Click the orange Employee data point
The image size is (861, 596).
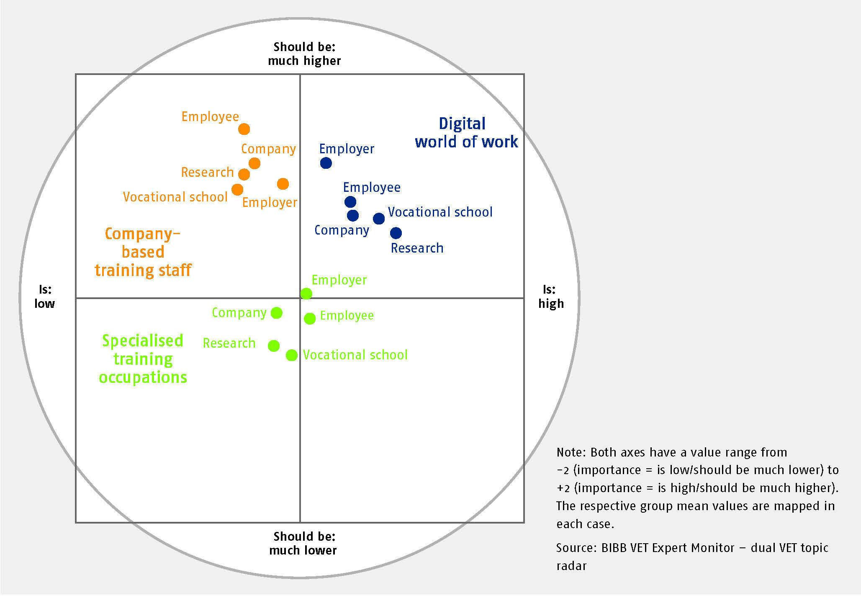click(244, 129)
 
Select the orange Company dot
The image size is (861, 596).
click(254, 163)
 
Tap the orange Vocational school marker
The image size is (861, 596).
click(237, 190)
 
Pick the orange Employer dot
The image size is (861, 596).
click(283, 184)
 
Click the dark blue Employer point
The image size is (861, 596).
click(326, 163)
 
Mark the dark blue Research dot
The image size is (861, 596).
click(396, 233)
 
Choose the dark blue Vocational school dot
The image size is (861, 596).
click(379, 219)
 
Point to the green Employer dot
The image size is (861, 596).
click(306, 294)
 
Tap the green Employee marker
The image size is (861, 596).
click(310, 319)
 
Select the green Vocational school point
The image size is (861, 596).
click(292, 355)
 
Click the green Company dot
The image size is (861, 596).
click(277, 313)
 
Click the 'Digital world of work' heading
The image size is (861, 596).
click(466, 133)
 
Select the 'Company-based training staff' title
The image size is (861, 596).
click(143, 252)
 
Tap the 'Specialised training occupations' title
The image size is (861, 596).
click(143, 359)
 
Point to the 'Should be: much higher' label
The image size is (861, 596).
click(304, 54)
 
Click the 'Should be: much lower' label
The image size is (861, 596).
click(303, 543)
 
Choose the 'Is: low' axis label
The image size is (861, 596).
click(45, 296)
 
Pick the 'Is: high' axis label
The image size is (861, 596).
click(551, 296)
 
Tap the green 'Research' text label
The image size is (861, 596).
click(229, 343)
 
